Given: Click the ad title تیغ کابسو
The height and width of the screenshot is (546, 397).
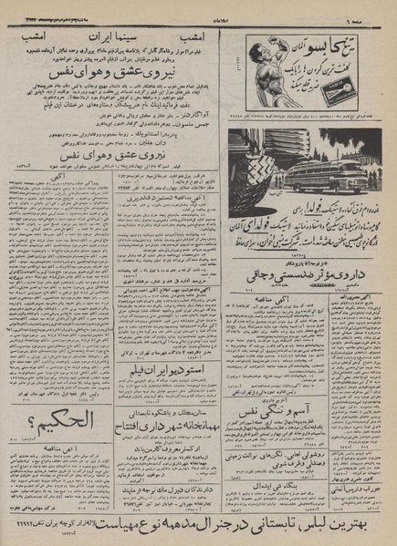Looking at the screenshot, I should (x=340, y=41).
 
